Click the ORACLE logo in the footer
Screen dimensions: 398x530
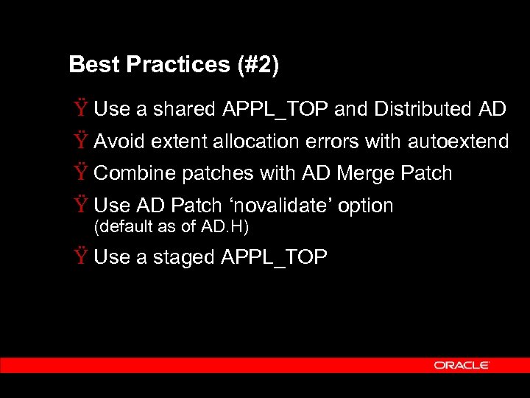[462, 365]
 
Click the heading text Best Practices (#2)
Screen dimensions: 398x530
[174, 65]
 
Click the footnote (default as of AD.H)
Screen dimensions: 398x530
[172, 227]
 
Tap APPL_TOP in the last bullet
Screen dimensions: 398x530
[274, 258]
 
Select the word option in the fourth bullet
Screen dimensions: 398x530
[366, 206]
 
